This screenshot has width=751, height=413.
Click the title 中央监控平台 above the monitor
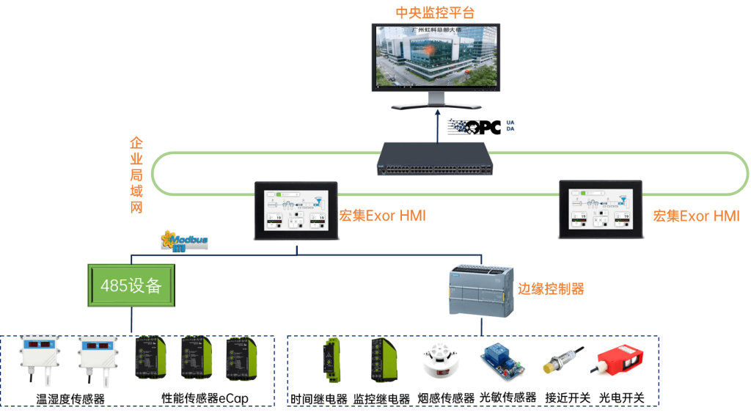pyautogui.click(x=434, y=12)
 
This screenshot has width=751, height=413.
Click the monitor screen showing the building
pyautogui.click(x=434, y=56)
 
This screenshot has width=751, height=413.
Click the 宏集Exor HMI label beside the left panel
pyautogui.click(x=382, y=216)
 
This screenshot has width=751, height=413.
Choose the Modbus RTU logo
pyautogui.click(x=184, y=241)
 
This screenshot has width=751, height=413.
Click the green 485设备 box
pyautogui.click(x=131, y=285)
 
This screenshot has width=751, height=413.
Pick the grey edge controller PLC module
pyautogui.click(x=481, y=291)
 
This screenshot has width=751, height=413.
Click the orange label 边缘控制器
pyautogui.click(x=551, y=288)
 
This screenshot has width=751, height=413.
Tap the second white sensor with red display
pyautogui.click(x=98, y=360)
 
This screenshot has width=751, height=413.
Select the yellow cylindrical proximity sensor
pyautogui.click(x=560, y=361)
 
